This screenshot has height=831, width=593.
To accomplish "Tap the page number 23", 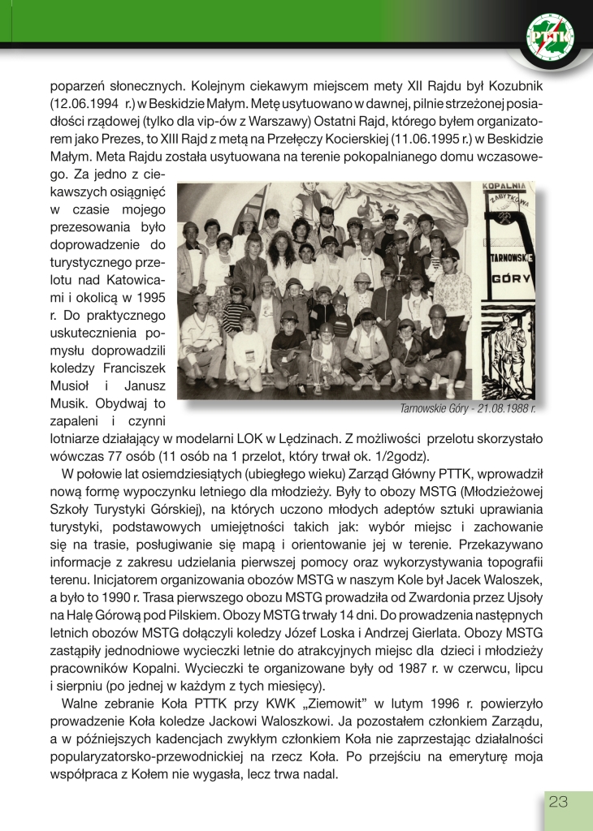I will pos(558,802).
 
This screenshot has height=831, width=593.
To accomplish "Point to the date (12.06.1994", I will pos(82,103).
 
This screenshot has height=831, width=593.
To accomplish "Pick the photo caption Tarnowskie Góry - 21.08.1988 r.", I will pos(468,408).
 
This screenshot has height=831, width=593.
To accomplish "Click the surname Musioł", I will pos(72,385).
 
